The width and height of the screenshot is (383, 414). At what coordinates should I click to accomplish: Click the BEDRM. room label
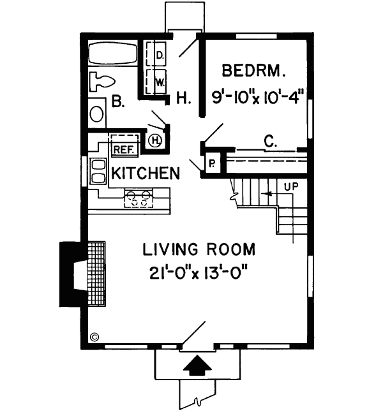click(x=253, y=70)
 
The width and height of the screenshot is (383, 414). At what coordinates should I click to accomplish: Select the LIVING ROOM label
click(x=199, y=248)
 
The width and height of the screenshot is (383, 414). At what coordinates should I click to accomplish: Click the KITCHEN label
click(x=144, y=174)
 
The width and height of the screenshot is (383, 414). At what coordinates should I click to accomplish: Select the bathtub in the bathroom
click(x=112, y=53)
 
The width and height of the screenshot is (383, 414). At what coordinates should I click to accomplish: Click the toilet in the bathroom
click(x=102, y=82)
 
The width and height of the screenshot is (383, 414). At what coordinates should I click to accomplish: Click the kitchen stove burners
click(x=139, y=198)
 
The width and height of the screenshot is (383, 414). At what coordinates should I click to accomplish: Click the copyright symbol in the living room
click(x=95, y=337)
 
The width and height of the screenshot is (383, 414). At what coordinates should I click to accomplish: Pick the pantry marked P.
click(x=211, y=164)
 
